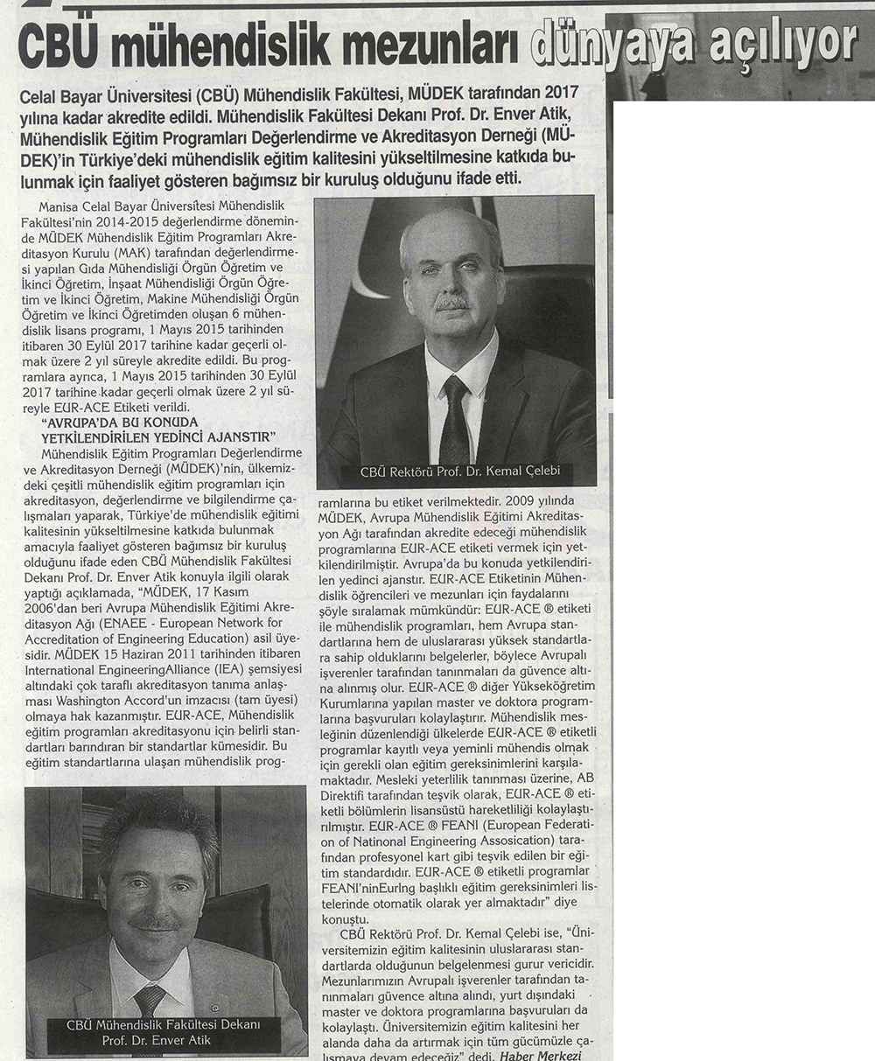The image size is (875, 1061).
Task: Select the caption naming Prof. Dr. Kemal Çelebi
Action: click(460, 472)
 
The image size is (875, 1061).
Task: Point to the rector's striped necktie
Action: click(455, 419)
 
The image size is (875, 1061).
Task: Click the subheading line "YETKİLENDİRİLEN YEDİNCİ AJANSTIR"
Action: click(158, 436)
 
